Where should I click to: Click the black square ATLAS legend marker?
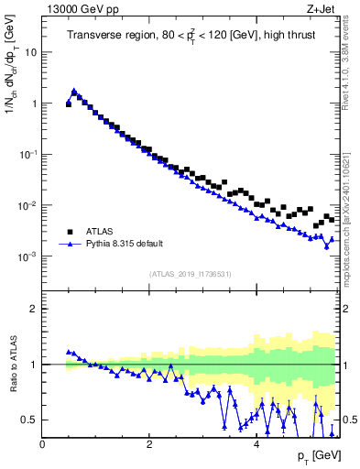pos(69,232)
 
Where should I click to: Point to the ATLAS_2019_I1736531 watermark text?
pos(191,273)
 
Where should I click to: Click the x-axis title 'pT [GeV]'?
pos(317,456)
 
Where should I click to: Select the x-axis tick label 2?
pos(149,444)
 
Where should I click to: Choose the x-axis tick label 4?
pos(256,444)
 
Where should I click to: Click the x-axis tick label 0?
pos(42,444)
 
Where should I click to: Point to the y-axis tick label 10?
pos(29,52)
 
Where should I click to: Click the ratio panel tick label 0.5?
pos(29,420)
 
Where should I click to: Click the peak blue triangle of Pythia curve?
pos(74,91)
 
